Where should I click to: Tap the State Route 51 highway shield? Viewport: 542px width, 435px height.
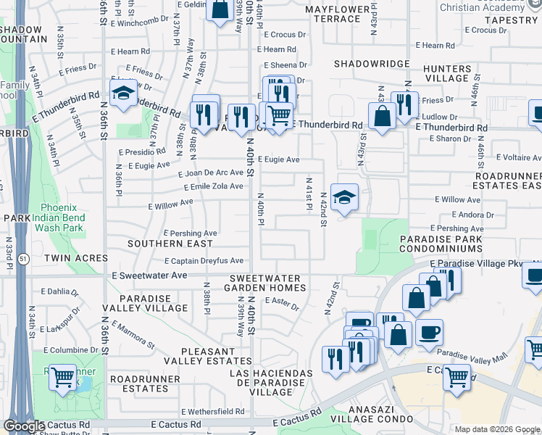click(x=24, y=259)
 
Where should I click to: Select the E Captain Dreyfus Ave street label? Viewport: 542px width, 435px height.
click(x=204, y=261)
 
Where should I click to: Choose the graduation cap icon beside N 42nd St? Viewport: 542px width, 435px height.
click(x=345, y=196)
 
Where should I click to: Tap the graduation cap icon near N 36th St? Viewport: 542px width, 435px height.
click(x=123, y=93)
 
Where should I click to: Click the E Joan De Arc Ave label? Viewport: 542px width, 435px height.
click(x=211, y=173)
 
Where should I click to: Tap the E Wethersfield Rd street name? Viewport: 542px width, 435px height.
click(x=212, y=411)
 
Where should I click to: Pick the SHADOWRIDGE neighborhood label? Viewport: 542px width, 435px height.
click(x=372, y=64)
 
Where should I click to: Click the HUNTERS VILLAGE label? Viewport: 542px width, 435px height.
click(x=449, y=72)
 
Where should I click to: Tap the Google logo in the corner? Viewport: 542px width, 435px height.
click(x=23, y=426)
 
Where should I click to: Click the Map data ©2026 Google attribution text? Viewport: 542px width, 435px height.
click(x=496, y=429)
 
